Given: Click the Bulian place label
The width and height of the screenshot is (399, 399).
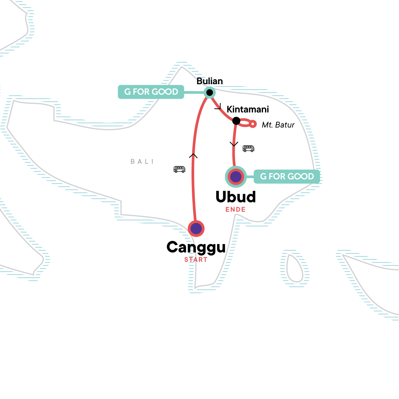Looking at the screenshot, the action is click(x=209, y=81).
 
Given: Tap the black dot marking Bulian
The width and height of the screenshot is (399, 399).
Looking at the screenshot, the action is click(x=209, y=92).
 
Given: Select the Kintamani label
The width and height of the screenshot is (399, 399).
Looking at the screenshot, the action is click(x=248, y=109).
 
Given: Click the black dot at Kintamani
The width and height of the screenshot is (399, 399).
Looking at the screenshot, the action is click(x=236, y=121).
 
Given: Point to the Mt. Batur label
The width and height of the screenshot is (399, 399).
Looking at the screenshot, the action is click(x=278, y=125).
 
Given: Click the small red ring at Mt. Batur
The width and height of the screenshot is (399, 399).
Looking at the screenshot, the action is click(x=253, y=124).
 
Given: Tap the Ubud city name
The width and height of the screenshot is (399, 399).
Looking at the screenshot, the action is click(x=236, y=197).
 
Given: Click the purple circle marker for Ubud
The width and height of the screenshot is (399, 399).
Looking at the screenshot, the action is click(x=236, y=177).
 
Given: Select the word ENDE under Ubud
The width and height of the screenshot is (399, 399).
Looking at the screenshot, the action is click(x=235, y=209).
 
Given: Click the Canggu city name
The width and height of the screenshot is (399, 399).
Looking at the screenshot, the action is click(x=196, y=247).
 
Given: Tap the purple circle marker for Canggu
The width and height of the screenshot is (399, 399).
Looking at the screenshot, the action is click(x=196, y=228).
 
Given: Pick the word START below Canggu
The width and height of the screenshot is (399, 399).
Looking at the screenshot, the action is click(x=196, y=260).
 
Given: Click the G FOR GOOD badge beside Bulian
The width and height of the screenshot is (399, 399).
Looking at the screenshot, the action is click(x=151, y=92).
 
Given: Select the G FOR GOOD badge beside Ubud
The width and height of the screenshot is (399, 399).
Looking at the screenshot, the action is click(x=287, y=177).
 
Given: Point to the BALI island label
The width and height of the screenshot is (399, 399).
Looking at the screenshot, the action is click(x=142, y=162).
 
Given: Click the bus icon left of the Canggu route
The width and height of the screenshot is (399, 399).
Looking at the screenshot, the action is click(x=179, y=169).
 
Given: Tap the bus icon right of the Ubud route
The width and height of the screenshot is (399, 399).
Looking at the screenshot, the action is click(x=248, y=148).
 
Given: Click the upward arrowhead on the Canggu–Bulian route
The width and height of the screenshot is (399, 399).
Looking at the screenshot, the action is click(x=193, y=156).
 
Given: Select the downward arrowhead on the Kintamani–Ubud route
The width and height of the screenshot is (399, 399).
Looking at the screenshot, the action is click(x=234, y=144).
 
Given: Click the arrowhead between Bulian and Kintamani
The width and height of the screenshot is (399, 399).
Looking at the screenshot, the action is click(x=218, y=106).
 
